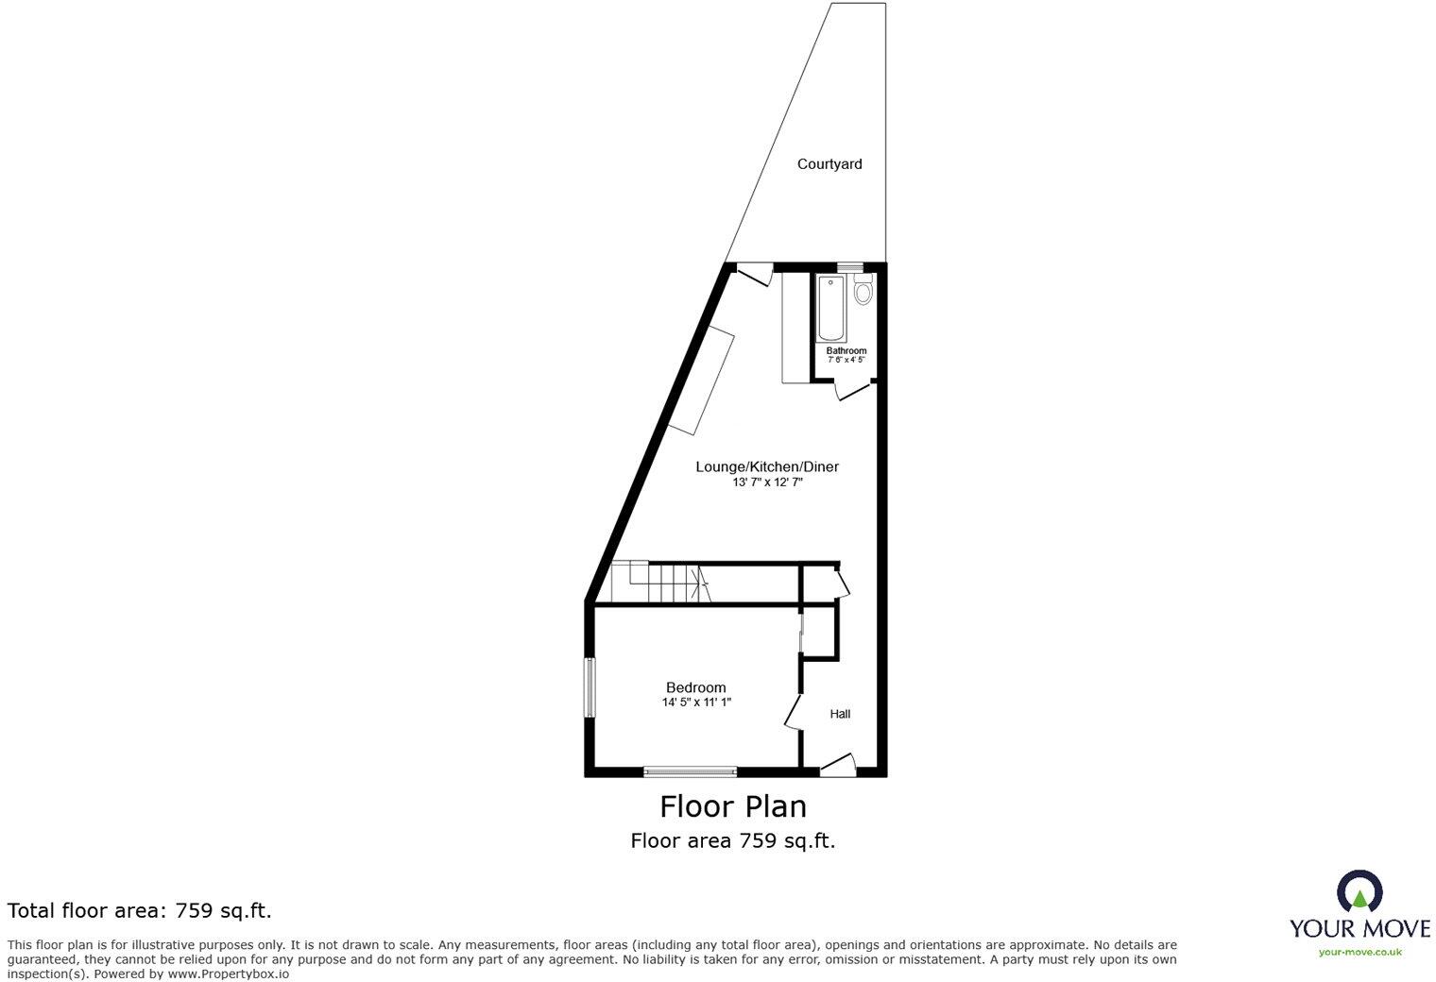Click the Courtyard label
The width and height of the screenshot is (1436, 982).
click(x=829, y=164)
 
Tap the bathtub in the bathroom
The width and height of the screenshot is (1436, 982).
click(x=831, y=307)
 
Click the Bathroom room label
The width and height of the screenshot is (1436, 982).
click(x=846, y=351)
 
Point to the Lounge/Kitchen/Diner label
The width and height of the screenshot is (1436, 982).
click(x=767, y=466)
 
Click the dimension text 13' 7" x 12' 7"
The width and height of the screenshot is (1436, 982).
click(x=767, y=483)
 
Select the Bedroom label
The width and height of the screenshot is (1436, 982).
click(x=696, y=687)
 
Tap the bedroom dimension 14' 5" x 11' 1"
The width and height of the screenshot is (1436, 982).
click(x=696, y=703)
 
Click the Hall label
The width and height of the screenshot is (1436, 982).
click(x=840, y=714)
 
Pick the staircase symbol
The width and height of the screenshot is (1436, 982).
click(x=659, y=582)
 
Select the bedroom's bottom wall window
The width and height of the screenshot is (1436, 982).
click(x=690, y=771)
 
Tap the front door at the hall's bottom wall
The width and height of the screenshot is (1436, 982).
click(x=838, y=765)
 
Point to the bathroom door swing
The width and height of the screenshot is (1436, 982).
click(x=854, y=390)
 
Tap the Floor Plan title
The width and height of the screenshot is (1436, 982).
click(x=733, y=806)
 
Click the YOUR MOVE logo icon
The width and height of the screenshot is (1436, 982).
click(x=1359, y=890)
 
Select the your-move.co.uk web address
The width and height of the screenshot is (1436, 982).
click(x=1359, y=953)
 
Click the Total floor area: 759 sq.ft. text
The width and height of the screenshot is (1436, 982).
click(x=140, y=911)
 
